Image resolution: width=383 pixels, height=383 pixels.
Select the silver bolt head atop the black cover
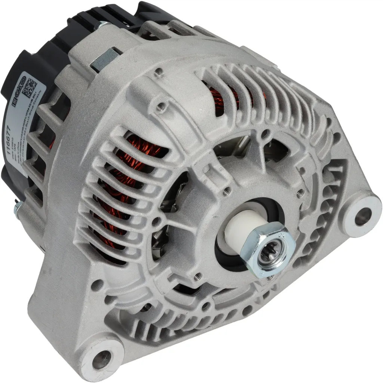coord(99,26)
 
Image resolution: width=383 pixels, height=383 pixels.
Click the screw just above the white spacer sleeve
coord(225,191)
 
